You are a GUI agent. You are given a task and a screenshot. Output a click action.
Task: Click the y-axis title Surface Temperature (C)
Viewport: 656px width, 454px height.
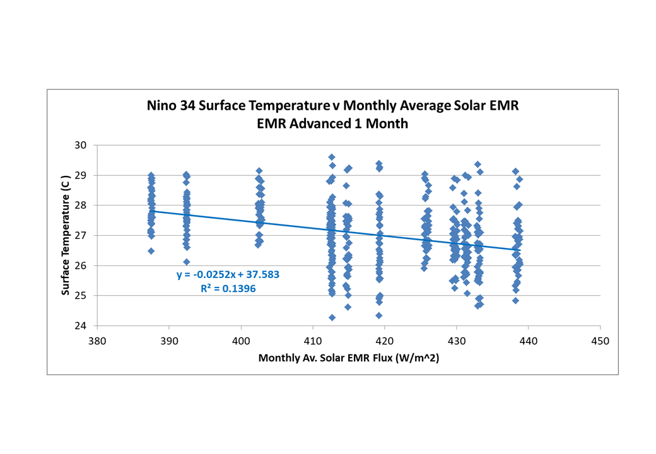click(65, 235)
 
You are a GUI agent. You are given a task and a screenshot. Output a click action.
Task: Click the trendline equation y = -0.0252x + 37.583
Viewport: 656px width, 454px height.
click(228, 275)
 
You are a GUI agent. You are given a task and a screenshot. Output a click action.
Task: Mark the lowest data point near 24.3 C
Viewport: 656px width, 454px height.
click(332, 317)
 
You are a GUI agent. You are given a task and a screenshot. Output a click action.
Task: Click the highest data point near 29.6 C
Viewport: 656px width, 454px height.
click(332, 157)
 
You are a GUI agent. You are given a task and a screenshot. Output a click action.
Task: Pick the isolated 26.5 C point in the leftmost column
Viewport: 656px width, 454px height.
click(151, 251)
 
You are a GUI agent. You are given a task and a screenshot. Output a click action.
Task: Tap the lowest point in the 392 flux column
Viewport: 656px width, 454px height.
click(187, 262)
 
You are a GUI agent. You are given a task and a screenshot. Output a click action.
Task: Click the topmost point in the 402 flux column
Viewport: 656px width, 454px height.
click(259, 171)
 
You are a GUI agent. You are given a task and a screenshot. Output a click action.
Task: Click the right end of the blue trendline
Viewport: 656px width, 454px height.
click(520, 250)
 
